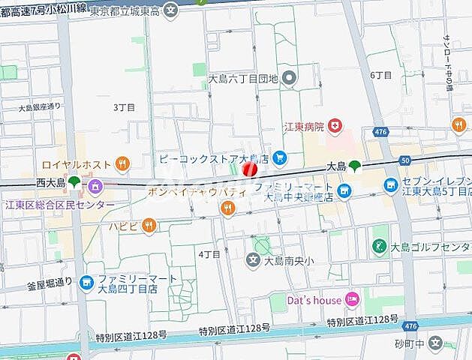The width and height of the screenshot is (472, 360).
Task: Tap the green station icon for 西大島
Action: pyautogui.click(x=74, y=182)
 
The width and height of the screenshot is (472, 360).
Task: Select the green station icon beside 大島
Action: pyautogui.click(x=354, y=166)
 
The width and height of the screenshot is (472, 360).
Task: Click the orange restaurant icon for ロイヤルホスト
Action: pyautogui.click(x=123, y=163)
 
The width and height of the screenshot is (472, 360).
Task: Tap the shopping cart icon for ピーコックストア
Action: pyautogui.click(x=280, y=157)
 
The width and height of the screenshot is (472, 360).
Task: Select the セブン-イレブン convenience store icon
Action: pyautogui.click(x=390, y=184)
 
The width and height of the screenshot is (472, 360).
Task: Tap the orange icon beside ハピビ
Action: pyautogui.click(x=149, y=224)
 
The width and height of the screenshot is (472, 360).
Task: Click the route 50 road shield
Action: pyautogui.click(x=406, y=160)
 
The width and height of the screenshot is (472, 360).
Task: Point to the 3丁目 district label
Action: pyautogui.click(x=124, y=107)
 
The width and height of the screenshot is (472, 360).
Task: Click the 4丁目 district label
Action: pyautogui.click(x=209, y=254)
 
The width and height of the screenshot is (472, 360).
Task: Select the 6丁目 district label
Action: pyautogui.click(x=381, y=75)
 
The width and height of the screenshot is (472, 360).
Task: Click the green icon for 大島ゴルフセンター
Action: pyautogui.click(x=378, y=246)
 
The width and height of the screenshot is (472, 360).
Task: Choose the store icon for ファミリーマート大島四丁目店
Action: pyautogui.click(x=87, y=283)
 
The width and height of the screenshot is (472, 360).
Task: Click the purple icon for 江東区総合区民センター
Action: pyautogui.click(x=95, y=187)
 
